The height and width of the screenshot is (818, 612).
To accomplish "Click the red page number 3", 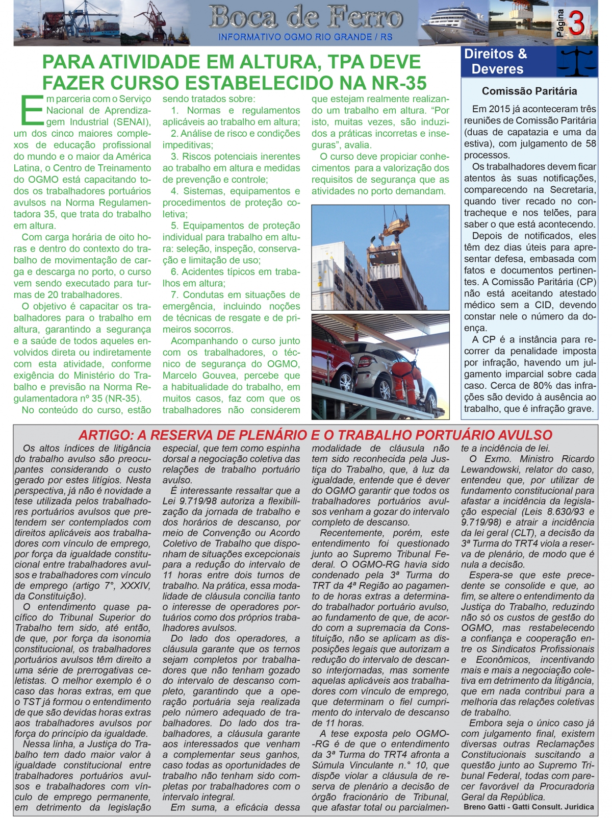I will tap(577, 23).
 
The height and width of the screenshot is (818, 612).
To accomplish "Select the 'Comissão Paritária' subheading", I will tap(529, 91).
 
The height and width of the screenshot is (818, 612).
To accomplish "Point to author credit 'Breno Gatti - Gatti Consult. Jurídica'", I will tap(528, 807).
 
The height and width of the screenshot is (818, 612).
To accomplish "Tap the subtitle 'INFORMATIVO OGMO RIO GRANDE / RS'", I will tap(305, 37).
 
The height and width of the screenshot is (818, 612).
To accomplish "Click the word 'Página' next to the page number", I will tap(560, 23).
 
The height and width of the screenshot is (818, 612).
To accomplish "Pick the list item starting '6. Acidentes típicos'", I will tap(231, 272).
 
